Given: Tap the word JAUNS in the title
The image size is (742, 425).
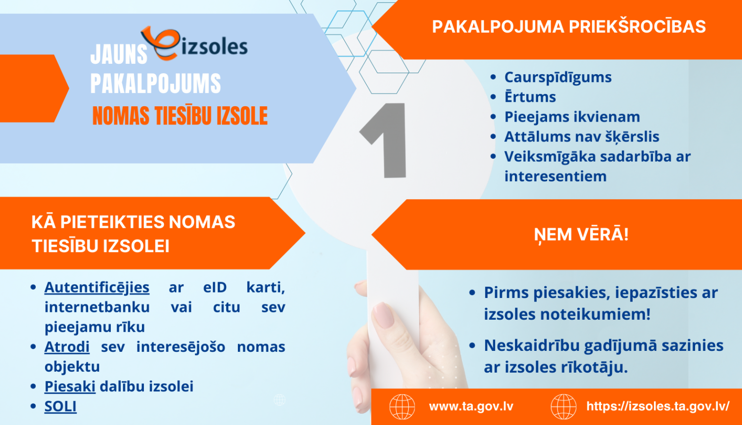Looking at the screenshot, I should (119, 55).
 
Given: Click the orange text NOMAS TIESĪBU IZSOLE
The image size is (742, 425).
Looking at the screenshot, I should (180, 116).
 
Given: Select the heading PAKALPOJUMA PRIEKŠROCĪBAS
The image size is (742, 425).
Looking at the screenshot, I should (569, 27).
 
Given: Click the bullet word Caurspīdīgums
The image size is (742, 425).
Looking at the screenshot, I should (558, 78).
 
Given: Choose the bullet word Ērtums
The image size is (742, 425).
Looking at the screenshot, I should (530, 97).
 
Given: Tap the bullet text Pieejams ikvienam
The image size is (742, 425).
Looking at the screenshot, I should (572, 117).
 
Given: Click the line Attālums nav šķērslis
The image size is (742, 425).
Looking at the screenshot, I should (582, 137).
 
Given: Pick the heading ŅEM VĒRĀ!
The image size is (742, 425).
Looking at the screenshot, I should (581, 234).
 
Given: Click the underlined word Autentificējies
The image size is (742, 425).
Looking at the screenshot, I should (97, 288).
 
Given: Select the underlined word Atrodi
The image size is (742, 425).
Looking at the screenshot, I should (67, 347).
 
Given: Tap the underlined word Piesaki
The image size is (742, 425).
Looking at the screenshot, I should (70, 386).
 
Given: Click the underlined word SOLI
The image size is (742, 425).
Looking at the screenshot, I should (60, 406).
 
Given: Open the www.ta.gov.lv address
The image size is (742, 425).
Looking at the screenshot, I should (471, 407).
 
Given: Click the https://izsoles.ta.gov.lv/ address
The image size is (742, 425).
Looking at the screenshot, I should (658, 407).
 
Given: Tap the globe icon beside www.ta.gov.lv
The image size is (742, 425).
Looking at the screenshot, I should (402, 407).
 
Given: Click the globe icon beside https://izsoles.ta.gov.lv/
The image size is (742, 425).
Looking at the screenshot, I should (563, 407).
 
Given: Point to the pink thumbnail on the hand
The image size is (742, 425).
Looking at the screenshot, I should (381, 315).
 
